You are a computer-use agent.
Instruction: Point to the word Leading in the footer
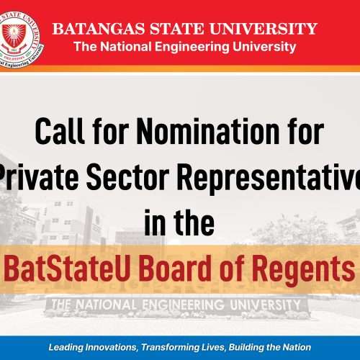click(x=66, y=346)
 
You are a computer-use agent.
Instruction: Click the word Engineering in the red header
click(x=200, y=48)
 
